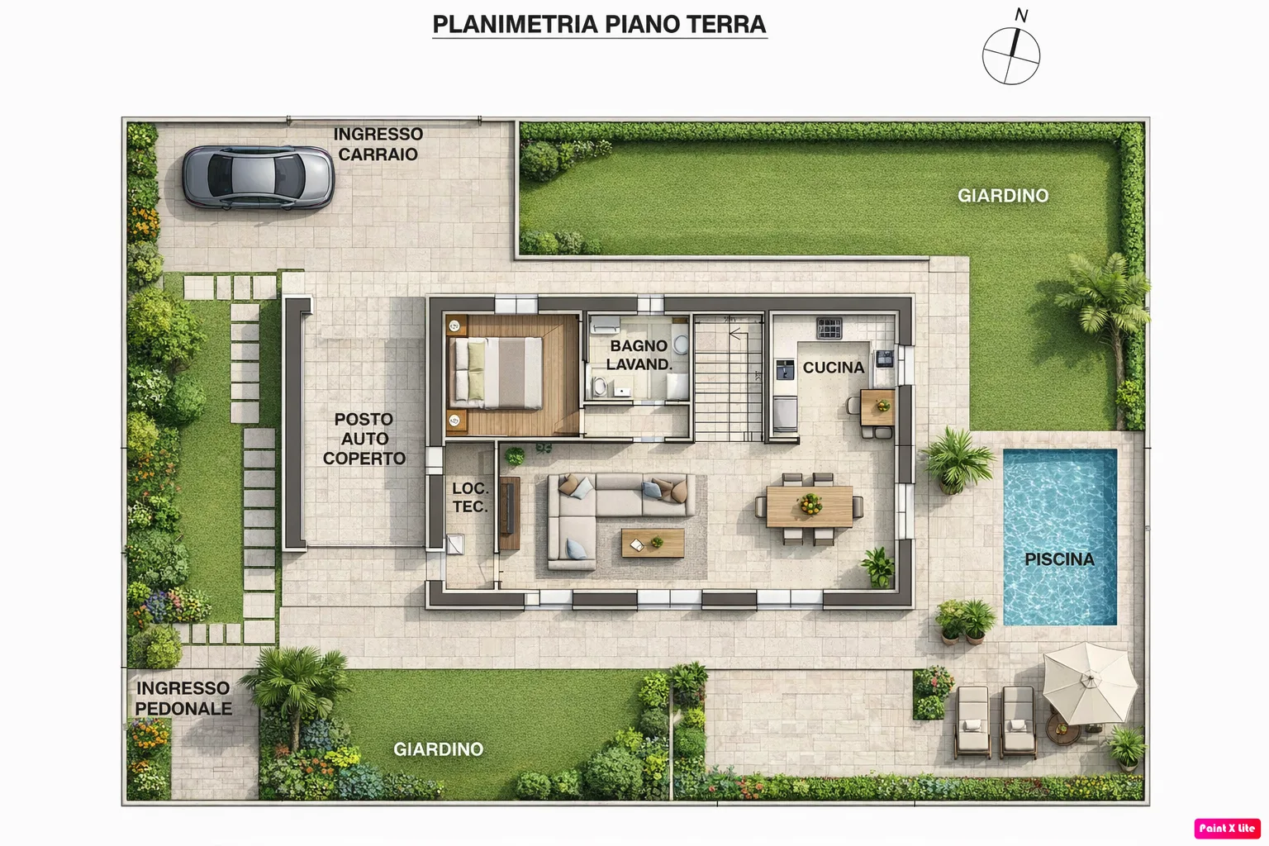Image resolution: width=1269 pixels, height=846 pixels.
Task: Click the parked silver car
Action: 259,177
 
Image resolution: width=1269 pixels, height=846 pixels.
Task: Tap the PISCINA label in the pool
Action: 1059,559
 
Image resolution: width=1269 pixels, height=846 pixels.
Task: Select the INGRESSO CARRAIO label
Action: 378,144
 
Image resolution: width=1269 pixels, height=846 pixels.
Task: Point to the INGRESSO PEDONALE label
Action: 183,698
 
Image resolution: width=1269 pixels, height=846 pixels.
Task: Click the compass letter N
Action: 1021,16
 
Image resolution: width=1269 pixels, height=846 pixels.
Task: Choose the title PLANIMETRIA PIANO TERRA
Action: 599,24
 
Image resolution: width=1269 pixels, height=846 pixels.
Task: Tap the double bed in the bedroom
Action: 496,373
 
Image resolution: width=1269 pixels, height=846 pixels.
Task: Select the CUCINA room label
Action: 834,368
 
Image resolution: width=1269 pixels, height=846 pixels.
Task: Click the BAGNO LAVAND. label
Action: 639,355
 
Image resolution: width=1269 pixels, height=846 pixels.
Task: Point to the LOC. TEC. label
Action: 470,497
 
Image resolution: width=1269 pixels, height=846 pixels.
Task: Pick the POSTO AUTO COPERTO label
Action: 364,440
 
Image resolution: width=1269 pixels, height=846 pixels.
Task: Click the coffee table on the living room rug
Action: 653,543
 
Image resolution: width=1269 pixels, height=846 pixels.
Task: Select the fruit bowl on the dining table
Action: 810,503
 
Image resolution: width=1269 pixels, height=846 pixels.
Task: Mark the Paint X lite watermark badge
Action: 1227,829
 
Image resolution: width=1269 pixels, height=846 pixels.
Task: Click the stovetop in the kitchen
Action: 829,328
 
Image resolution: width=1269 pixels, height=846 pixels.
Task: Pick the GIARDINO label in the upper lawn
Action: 1003,196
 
